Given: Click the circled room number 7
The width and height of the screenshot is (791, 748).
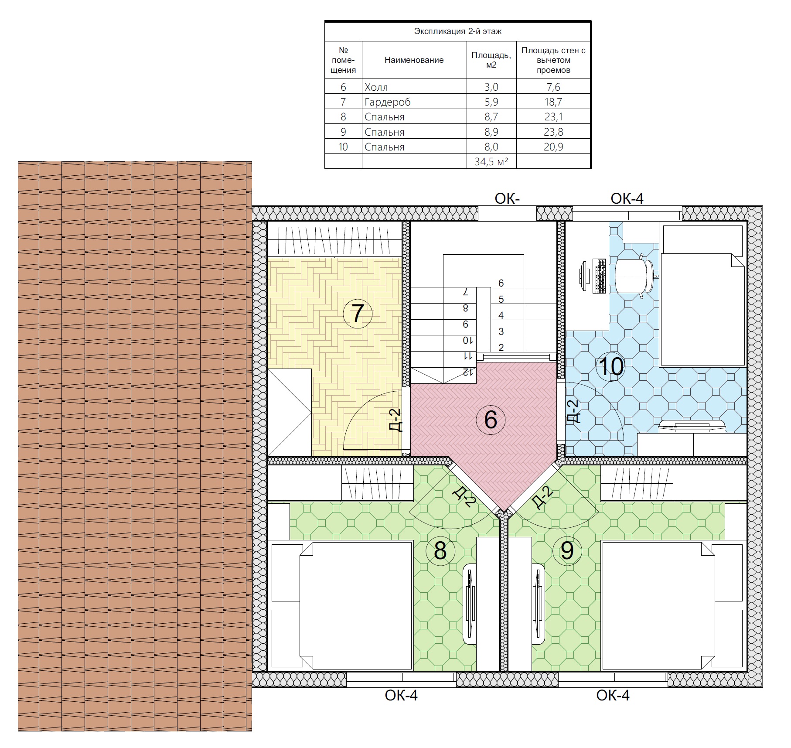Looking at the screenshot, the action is [x=358, y=313].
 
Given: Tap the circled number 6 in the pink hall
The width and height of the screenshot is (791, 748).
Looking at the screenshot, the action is [x=491, y=420].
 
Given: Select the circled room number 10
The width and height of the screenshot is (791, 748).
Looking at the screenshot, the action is [x=610, y=366].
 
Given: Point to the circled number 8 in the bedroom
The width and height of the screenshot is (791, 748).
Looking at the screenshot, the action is [x=440, y=551].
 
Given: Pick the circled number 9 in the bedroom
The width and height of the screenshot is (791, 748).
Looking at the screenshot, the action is [x=567, y=551].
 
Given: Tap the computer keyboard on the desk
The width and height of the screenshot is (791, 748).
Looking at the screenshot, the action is [x=600, y=276].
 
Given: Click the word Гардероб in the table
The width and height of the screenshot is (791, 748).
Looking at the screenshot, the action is [x=388, y=102].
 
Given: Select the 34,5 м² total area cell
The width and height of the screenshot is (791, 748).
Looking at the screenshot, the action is [x=491, y=162].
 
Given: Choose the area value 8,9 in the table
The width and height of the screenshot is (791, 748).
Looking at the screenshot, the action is [x=491, y=132].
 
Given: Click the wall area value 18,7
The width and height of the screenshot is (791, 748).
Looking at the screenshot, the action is [x=553, y=102].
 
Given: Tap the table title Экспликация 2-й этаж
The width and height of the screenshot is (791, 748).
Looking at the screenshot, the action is [x=457, y=31].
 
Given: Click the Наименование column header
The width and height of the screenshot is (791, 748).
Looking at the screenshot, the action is [x=414, y=60].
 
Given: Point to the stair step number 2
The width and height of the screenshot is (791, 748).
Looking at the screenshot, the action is [x=501, y=348].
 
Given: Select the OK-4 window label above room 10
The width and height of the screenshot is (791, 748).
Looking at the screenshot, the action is [x=627, y=199].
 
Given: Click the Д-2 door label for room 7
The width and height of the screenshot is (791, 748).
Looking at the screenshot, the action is [x=395, y=420].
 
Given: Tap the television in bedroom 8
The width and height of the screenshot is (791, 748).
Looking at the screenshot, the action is [x=470, y=604].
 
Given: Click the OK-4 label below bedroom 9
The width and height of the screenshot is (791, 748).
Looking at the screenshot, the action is [x=613, y=695].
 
